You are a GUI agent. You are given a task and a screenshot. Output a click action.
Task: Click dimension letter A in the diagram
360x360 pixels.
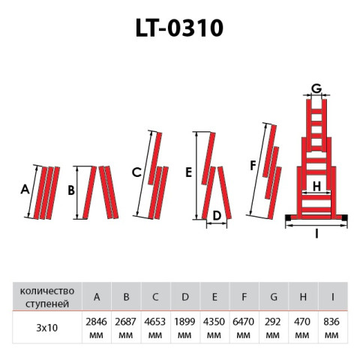[x=24, y=190]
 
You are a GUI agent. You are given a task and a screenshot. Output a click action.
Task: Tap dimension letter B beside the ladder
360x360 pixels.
[x=70, y=191]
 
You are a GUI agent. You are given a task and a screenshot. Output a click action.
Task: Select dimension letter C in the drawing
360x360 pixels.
[x=136, y=172]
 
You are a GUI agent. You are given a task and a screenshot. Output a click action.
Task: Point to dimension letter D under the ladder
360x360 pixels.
[x=216, y=217]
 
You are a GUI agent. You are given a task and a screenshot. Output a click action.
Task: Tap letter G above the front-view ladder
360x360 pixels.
[x=316, y=88]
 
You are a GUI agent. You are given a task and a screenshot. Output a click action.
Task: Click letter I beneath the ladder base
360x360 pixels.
[x=317, y=234]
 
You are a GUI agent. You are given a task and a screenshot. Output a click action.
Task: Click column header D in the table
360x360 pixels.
[x=185, y=297]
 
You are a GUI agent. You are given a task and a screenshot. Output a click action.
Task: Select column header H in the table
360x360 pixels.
[x=304, y=297]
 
